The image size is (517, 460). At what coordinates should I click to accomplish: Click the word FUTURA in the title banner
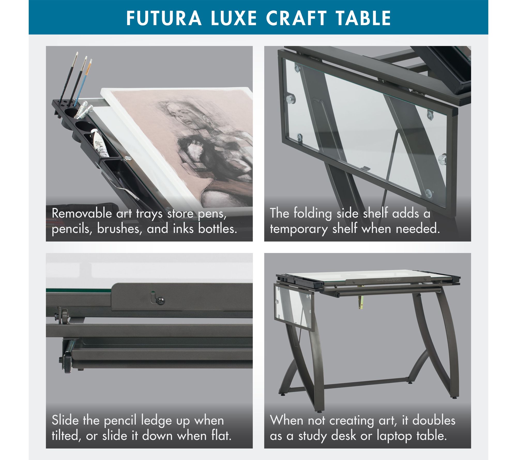164,18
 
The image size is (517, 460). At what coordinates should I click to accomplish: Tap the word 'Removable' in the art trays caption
82,213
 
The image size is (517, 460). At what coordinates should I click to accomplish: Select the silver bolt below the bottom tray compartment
127,158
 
